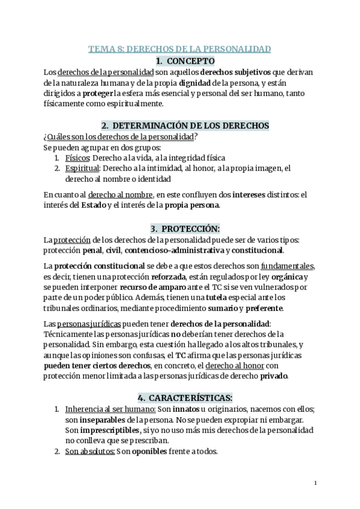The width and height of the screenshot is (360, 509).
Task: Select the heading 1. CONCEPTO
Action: [180, 61]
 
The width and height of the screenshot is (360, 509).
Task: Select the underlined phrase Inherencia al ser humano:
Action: [110, 409]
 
